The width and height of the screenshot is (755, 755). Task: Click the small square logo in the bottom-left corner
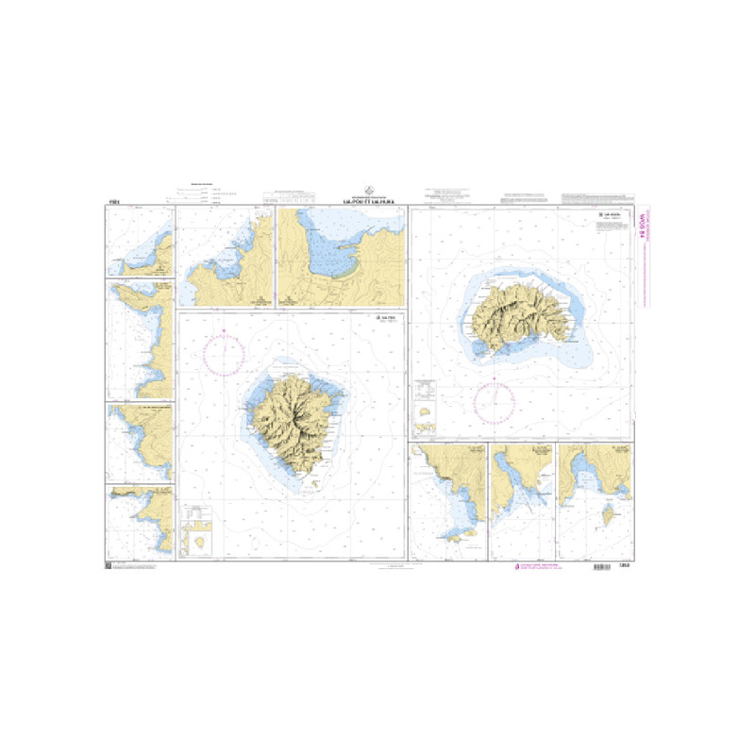click(107, 565)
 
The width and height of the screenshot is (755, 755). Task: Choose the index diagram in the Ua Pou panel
click(199, 529)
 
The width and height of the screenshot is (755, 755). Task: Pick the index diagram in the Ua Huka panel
click(428, 405)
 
